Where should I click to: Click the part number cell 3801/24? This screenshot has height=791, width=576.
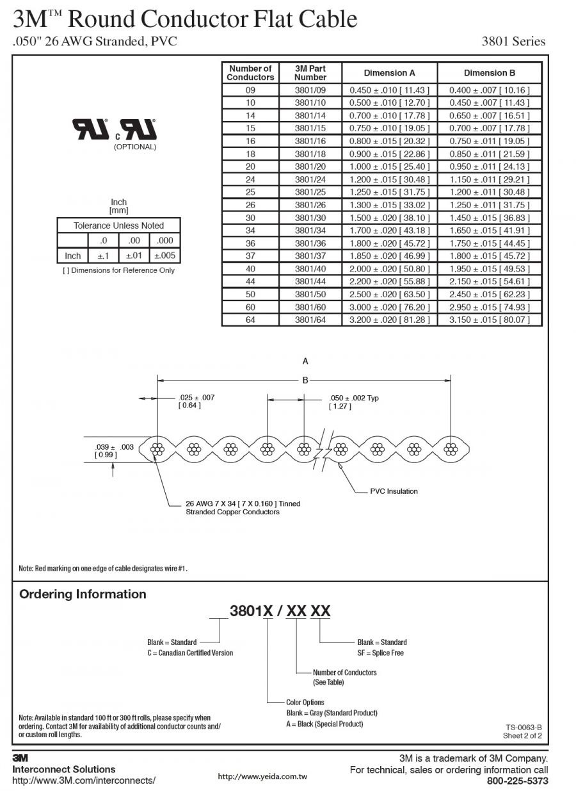click(x=310, y=179)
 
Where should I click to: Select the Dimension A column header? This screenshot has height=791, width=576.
click(x=389, y=73)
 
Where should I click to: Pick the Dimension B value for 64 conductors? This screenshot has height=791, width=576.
click(x=489, y=320)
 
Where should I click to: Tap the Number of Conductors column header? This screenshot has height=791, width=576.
click(x=250, y=73)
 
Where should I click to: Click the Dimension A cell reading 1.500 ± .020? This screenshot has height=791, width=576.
click(x=389, y=218)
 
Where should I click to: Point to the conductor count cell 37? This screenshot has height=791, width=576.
click(x=250, y=256)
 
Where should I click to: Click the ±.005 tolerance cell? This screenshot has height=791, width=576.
click(x=165, y=256)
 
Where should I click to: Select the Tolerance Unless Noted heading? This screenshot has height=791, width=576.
click(x=118, y=225)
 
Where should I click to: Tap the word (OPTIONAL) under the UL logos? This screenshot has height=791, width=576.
click(x=135, y=147)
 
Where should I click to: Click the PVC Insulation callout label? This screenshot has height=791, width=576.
click(x=394, y=491)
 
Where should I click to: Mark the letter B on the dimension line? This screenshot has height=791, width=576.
click(x=305, y=380)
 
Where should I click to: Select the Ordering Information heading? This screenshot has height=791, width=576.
click(x=83, y=594)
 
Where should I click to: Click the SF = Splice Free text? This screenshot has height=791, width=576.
click(x=380, y=653)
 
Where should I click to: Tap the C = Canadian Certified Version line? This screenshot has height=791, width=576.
click(x=190, y=653)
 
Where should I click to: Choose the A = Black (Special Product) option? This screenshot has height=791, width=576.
click(x=324, y=724)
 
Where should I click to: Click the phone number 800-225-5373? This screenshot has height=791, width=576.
click(x=517, y=781)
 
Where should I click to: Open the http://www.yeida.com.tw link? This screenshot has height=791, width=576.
click(x=262, y=776)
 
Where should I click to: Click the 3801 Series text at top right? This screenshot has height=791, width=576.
click(x=513, y=42)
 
